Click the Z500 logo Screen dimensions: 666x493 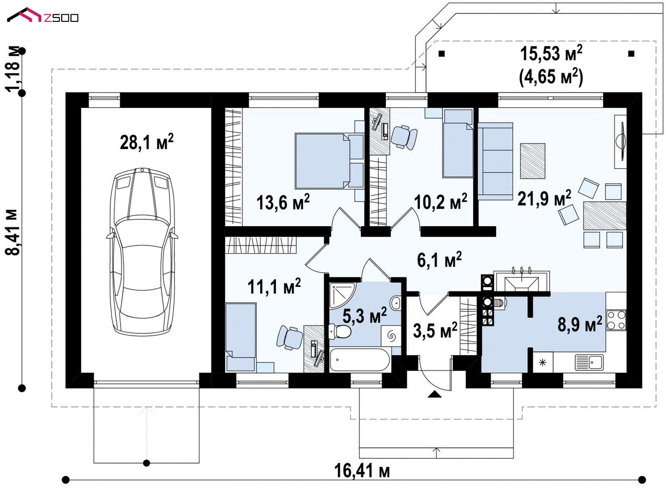point(43,15)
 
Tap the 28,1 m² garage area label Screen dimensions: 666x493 point(147,142)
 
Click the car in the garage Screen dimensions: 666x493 point(142,251)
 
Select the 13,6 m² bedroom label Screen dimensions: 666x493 point(283,202)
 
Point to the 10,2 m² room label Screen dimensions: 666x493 point(441,201)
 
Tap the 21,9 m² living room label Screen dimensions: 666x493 point(544,198)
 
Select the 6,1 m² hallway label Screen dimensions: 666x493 point(439,260)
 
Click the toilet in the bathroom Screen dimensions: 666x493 point(340,332)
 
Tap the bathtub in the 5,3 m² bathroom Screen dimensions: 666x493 point(360,360)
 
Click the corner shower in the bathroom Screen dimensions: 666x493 point(342,295)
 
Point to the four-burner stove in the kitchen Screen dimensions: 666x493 point(617,320)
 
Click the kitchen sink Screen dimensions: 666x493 point(589,362)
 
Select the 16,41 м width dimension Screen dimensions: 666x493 point(362,471)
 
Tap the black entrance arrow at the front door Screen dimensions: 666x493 point(434,394)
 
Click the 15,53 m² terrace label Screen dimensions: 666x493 point(551,54)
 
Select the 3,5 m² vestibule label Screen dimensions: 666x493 point(435,330)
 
